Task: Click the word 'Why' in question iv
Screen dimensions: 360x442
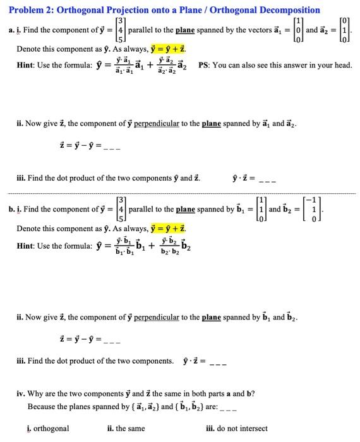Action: click(x=37, y=394)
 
